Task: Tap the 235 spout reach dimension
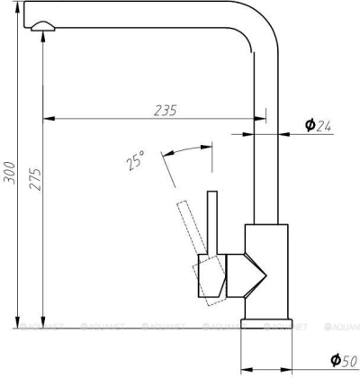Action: pyautogui.click(x=163, y=110)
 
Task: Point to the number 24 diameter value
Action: pyautogui.click(x=325, y=125)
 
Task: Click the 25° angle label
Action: pyautogui.click(x=134, y=163)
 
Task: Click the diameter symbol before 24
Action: pyautogui.click(x=309, y=125)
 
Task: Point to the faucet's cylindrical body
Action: pyautogui.click(x=265, y=270)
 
